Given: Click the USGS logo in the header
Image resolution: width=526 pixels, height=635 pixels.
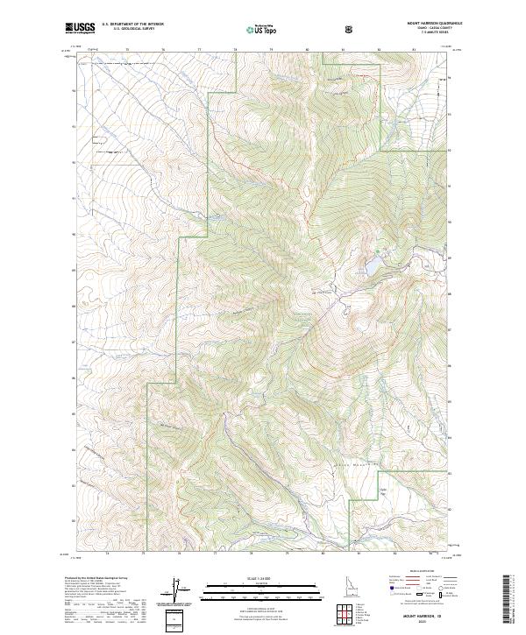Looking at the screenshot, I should click(80, 29).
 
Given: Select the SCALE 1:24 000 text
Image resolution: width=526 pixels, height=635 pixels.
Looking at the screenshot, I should click(251, 579).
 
